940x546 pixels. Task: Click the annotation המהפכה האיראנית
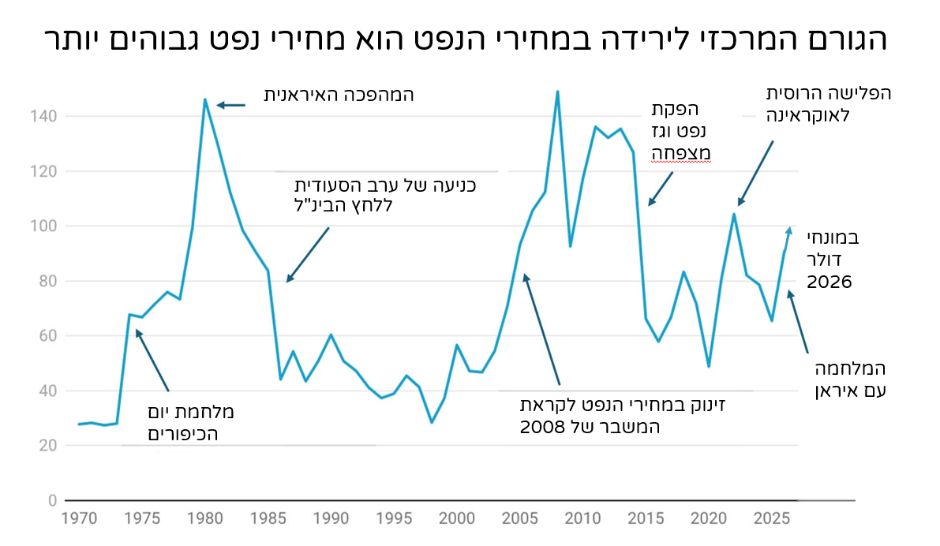pos(339,95)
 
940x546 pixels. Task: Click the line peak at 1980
pos(205,99)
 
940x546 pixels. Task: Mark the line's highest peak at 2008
pos(557,92)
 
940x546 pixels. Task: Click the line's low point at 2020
pos(708,366)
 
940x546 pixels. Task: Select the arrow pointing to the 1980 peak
pos(230,105)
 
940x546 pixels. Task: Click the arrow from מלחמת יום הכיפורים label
pos(152,360)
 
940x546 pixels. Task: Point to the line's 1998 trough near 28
pos(431,422)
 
